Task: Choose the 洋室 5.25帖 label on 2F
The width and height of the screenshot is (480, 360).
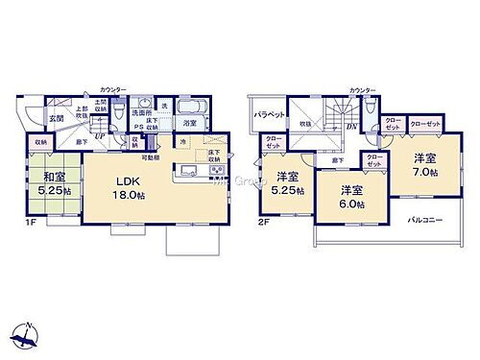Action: [286, 182]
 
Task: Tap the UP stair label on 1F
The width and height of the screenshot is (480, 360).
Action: [100, 134]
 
